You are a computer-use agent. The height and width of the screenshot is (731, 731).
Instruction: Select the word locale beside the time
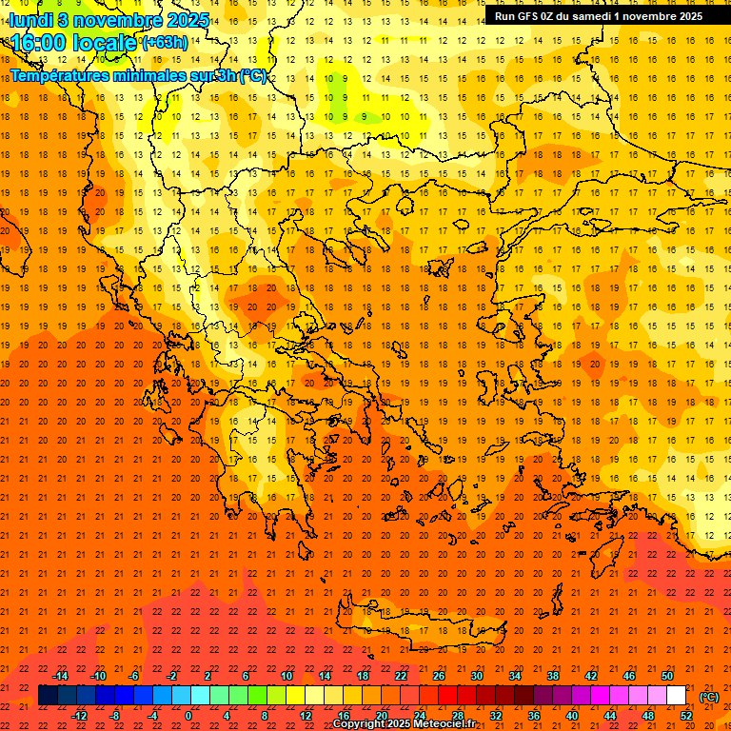105,42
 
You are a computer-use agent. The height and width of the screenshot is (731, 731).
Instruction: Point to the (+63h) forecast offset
164,42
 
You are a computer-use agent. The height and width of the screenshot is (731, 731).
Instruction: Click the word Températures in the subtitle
61,75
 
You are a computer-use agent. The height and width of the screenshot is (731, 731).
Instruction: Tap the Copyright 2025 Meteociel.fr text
404,724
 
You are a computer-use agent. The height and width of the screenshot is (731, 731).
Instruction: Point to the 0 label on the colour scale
188,716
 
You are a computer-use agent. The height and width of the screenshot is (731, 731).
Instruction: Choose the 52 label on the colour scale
686,716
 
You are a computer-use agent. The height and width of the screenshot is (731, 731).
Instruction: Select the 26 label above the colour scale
439,676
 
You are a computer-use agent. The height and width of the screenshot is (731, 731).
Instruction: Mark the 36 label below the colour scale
534,716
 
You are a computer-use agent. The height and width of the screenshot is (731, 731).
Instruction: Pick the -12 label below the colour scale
79,716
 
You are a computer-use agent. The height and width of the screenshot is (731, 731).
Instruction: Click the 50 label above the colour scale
667,676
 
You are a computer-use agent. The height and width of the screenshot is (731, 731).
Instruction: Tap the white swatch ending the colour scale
677,696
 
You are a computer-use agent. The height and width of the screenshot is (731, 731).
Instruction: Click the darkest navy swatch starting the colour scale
49,696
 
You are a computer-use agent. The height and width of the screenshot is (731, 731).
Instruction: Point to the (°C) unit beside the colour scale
709,696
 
